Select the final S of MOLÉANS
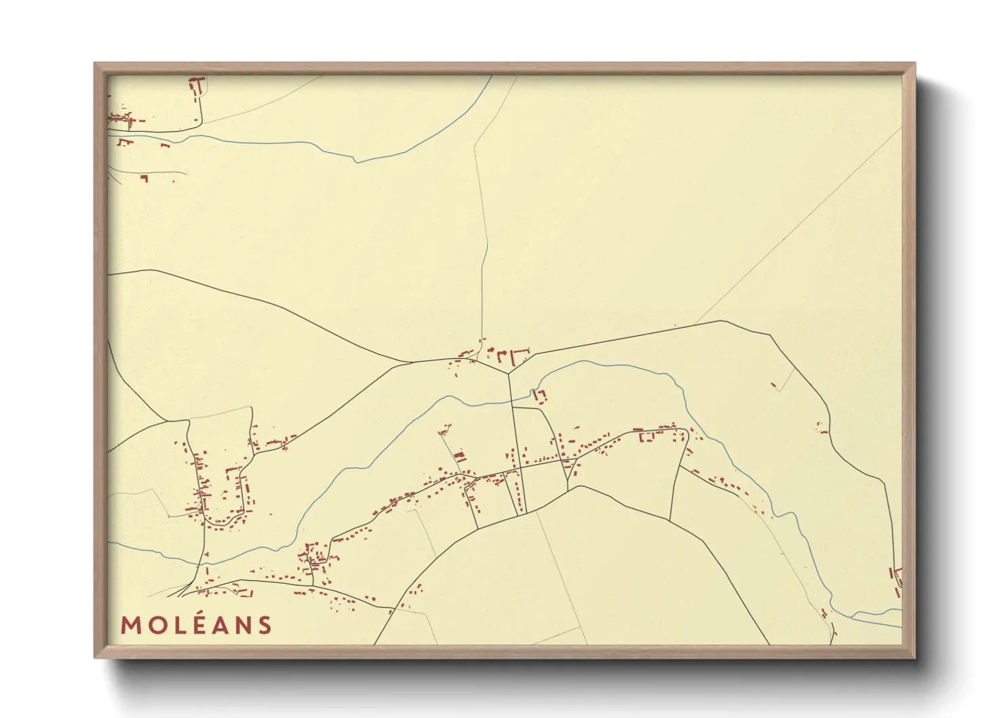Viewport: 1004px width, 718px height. [x=264, y=625]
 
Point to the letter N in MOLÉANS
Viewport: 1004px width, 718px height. [x=241, y=625]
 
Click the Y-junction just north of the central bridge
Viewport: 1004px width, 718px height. [x=509, y=373]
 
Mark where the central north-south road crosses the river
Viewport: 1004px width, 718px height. [x=511, y=401]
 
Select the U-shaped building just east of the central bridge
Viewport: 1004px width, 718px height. [x=540, y=395]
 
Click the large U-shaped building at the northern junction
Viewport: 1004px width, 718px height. [x=520, y=356]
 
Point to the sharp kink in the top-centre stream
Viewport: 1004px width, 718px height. [x=357, y=162]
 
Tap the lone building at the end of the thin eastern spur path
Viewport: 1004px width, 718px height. [x=774, y=385]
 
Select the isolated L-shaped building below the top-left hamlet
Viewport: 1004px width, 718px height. [x=144, y=178]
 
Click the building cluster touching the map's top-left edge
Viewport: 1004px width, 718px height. [x=119, y=119]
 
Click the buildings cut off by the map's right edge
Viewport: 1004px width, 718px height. [x=897, y=577]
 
